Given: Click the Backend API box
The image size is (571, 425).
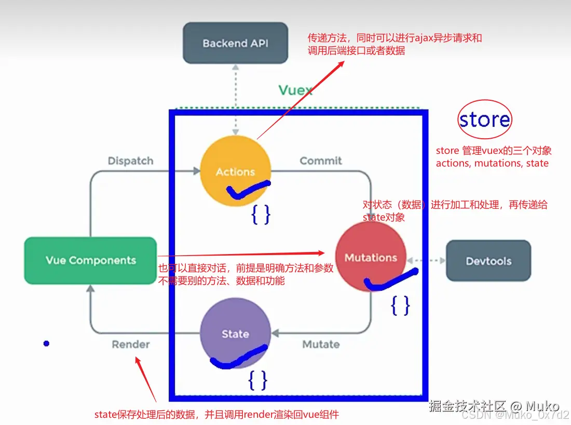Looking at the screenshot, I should coord(236,43).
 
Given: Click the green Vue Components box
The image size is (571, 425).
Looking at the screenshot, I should coord(91,260).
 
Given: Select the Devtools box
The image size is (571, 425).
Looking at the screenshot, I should coord(488,261).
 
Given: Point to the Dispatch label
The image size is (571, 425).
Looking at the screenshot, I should coord(130,161).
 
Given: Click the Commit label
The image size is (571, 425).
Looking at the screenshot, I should coord(321,161).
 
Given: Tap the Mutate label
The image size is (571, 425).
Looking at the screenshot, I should coord(321,344).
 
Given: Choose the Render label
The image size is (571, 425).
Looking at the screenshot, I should coord(131,344).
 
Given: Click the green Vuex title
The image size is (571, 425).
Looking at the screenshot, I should coord(295,90).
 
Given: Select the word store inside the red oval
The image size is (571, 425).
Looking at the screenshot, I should coord(484,120).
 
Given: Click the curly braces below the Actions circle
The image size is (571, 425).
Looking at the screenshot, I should coord(261,214).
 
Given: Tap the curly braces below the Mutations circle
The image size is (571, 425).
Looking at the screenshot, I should coord(400,306).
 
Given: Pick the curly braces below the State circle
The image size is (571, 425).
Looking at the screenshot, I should coord(258,381).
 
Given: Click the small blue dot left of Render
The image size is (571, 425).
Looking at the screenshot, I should coord(46,343).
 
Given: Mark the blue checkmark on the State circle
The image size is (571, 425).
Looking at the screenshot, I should coord(239,358).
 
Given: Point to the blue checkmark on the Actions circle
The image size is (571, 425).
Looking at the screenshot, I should coord(248,190).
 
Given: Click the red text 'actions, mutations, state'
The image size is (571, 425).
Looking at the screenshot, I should coord(492,163).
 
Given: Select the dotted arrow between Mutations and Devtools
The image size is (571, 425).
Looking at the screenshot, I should coord(426,260).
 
